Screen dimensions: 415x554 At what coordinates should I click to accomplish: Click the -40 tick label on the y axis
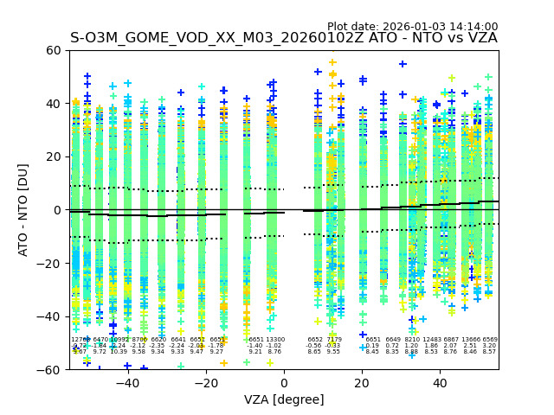51,316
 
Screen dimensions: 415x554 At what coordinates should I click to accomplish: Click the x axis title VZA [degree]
284,399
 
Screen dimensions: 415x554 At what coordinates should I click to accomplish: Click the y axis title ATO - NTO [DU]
23,210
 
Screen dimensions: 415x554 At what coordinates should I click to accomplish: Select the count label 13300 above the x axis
275,340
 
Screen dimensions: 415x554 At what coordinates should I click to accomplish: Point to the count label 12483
431,340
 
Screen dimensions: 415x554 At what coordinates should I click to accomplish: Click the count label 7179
334,340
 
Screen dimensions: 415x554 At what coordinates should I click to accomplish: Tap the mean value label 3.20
490,346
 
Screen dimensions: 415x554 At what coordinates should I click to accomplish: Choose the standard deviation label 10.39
119,352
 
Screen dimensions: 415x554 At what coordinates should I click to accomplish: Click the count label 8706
139,340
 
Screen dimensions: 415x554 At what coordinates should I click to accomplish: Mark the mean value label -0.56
313,346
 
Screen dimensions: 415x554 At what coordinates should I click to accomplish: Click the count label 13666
471,340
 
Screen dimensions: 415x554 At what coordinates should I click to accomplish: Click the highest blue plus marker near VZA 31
403,64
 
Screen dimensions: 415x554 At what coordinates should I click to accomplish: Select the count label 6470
100,340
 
